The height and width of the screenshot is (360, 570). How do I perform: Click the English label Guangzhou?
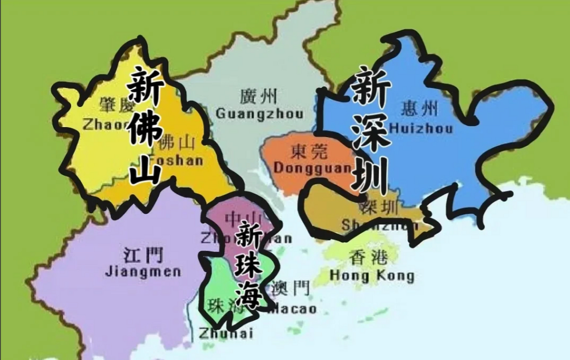pos(260,114)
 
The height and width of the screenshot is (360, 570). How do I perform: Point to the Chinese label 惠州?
pos(419,109)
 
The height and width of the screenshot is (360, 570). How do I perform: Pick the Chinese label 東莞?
pos(309,152)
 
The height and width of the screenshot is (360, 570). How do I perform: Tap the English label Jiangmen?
pos(143,272)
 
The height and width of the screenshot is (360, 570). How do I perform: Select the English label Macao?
pos(292,309)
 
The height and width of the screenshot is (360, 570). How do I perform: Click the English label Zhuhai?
pos(226,334)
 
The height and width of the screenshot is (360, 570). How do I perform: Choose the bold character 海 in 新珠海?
pos(248,297)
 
